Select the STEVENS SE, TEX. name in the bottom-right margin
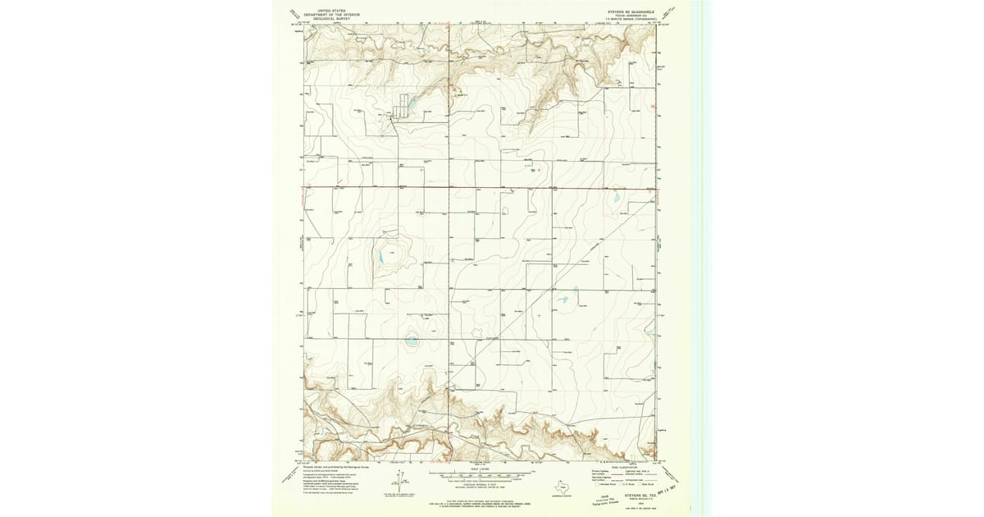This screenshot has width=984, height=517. pos(640,496)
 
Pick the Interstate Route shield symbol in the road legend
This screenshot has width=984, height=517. pos(598,484)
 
